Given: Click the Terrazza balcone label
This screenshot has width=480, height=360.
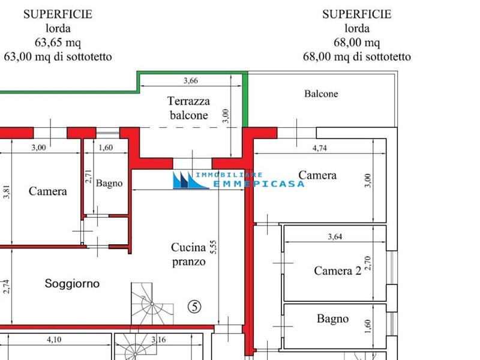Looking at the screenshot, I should point(188,108).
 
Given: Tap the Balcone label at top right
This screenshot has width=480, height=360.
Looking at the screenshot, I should point(321,94).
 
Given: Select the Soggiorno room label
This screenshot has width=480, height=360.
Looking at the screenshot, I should point(72,284).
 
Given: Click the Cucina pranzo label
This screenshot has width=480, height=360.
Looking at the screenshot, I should point(188,254).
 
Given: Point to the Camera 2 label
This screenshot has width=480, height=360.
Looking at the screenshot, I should point(337,271).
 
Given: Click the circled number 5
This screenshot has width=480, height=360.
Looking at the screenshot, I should point(194,306).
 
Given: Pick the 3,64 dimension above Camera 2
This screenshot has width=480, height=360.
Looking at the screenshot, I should point(335,236).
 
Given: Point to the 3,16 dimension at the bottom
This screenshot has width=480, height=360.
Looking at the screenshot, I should point(159,340).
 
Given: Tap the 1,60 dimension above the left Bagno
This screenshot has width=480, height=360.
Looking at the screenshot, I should point(105,148).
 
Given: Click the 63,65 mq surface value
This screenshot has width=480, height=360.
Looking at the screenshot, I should point(58,43).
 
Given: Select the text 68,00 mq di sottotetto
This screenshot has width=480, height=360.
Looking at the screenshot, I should point(357,57).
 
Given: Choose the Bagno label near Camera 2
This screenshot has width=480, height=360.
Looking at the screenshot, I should point(332,319).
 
